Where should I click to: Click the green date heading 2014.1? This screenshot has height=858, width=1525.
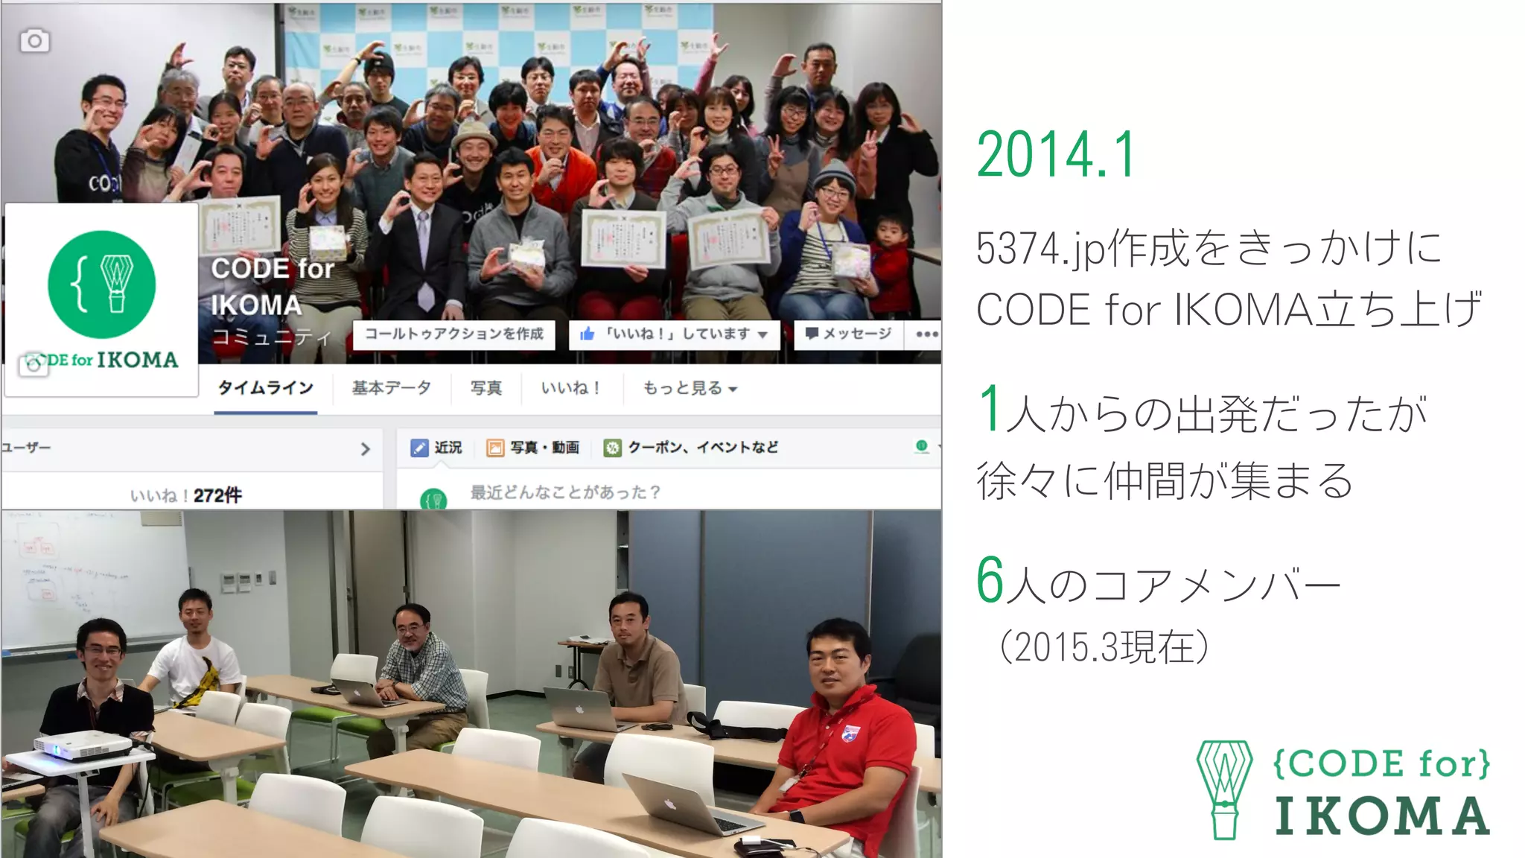tap(1056, 155)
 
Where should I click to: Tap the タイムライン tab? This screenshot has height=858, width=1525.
tap(265, 388)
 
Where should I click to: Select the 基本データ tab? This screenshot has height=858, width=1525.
tap(392, 388)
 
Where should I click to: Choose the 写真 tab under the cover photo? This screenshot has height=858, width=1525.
tap(485, 388)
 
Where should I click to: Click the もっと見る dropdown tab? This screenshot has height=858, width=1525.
tap(690, 388)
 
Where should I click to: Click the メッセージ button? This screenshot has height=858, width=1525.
tap(848, 334)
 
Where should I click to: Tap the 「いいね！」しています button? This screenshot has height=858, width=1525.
tap(674, 334)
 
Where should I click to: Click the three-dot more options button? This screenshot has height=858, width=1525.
tap(926, 334)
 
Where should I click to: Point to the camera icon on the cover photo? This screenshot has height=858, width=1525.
tap(34, 41)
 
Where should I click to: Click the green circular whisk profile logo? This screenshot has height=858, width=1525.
tap(102, 285)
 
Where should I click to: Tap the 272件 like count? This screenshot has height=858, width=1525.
tap(217, 495)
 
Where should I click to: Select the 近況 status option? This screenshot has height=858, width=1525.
tap(436, 448)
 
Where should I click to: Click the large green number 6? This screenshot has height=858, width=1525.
tap(990, 580)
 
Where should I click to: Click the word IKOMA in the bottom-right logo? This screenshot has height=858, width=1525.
tap(1382, 816)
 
